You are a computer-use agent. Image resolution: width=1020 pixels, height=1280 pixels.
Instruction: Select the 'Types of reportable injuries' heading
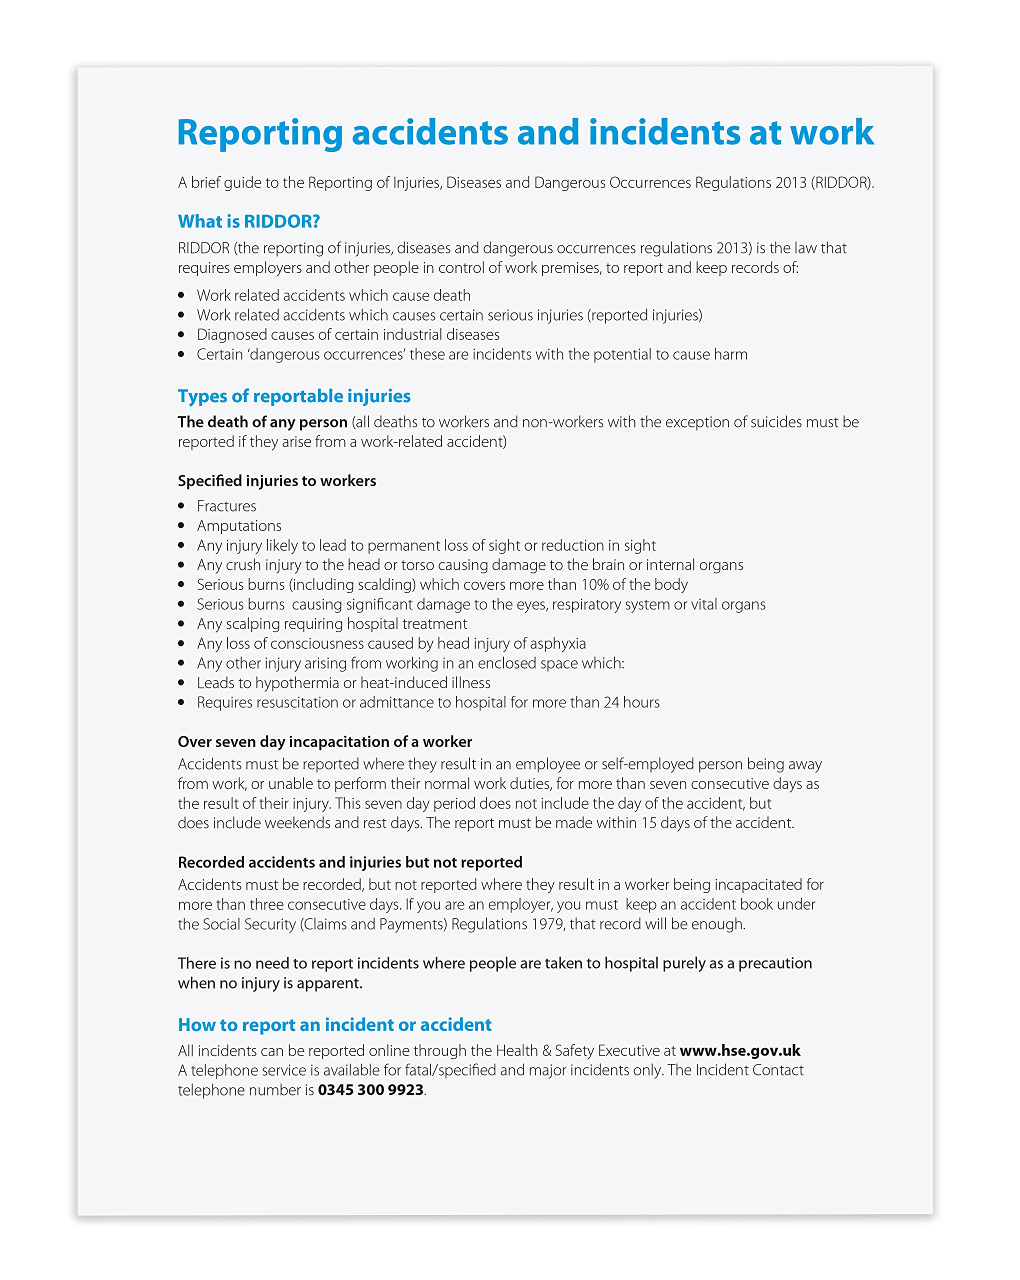[294, 396]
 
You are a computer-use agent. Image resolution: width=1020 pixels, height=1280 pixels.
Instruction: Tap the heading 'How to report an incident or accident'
[334, 1024]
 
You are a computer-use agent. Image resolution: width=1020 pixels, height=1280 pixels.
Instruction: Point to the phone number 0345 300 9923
[370, 1090]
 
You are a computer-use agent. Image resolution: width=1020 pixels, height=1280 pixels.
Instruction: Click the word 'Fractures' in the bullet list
[226, 506]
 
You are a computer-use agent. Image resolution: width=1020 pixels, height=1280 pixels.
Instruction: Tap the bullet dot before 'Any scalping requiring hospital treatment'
[181, 624]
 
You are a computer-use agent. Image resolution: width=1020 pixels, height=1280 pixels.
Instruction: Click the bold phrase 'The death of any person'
[262, 422]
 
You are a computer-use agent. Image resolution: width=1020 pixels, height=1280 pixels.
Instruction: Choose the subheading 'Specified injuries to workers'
[276, 481]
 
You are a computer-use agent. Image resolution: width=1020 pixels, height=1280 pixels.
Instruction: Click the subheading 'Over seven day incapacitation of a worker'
[325, 742]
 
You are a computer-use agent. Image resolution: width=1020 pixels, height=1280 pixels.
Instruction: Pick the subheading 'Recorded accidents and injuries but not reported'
[349, 862]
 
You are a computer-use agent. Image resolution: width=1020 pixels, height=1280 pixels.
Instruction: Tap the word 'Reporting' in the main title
[259, 133]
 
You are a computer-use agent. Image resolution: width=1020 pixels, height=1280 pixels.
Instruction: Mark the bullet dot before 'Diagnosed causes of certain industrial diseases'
[181, 335]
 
